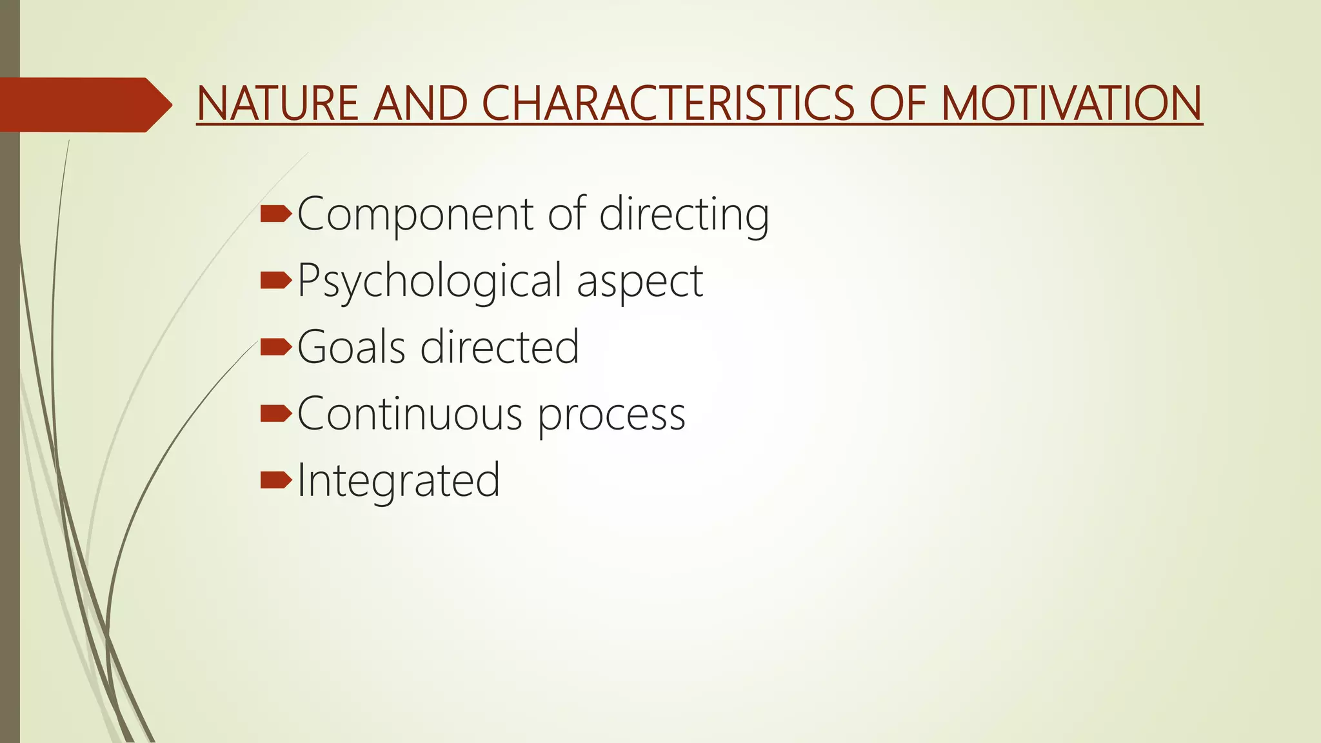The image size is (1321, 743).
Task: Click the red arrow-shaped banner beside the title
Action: point(84,104)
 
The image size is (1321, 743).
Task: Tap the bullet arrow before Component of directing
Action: point(276,214)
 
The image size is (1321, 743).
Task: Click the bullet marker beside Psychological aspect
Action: point(276,281)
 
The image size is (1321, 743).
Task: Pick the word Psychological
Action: point(430,282)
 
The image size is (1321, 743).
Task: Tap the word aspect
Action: point(639,282)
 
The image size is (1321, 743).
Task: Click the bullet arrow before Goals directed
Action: point(276,348)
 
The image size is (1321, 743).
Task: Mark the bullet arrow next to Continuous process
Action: point(276,413)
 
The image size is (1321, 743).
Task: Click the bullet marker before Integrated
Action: point(276,480)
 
